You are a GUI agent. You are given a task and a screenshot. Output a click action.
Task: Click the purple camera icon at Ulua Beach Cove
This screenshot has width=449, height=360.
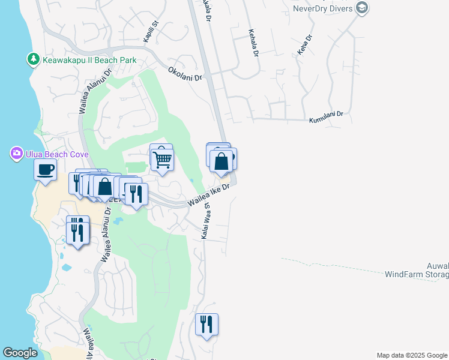click(x=16, y=154)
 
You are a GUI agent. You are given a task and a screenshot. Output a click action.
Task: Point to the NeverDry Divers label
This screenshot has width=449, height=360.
click(x=323, y=8)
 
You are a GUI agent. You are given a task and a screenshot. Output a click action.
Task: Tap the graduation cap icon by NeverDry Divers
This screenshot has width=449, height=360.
click(x=362, y=8)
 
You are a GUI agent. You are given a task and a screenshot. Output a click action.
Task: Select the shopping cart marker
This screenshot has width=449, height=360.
click(x=162, y=160)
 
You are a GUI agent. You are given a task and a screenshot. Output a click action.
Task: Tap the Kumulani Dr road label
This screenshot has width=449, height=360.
click(x=326, y=116)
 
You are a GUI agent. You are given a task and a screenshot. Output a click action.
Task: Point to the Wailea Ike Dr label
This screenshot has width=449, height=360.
click(x=209, y=196)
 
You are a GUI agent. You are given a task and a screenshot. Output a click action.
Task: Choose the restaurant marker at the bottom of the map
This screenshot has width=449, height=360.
click(x=206, y=325)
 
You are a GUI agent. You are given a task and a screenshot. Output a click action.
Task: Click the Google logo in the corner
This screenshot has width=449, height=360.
click(x=20, y=353)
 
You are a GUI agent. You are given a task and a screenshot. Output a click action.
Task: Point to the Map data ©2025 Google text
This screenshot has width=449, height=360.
click(x=412, y=355)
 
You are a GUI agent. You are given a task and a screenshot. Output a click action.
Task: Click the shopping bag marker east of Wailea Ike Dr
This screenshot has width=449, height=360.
click(x=221, y=161)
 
